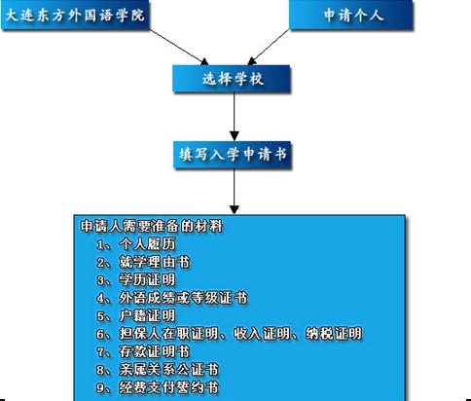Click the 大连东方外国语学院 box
[75, 15]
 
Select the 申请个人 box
[351, 15]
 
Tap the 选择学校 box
[232, 79]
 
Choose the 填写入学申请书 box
[233, 155]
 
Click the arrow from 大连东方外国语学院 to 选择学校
[179, 48]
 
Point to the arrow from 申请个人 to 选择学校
[269, 48]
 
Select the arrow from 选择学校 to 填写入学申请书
[235, 117]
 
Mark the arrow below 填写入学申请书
[235, 191]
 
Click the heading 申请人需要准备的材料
[152, 226]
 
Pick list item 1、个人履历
[136, 244]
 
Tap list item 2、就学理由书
[143, 262]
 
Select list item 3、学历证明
[136, 280]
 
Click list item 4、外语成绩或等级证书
[172, 298]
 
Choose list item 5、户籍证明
[136, 315]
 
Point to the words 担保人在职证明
[168, 334]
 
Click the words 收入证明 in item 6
[262, 334]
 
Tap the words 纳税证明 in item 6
[334, 334]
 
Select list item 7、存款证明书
[143, 351]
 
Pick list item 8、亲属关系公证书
[158, 369]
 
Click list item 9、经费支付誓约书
[158, 387]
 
